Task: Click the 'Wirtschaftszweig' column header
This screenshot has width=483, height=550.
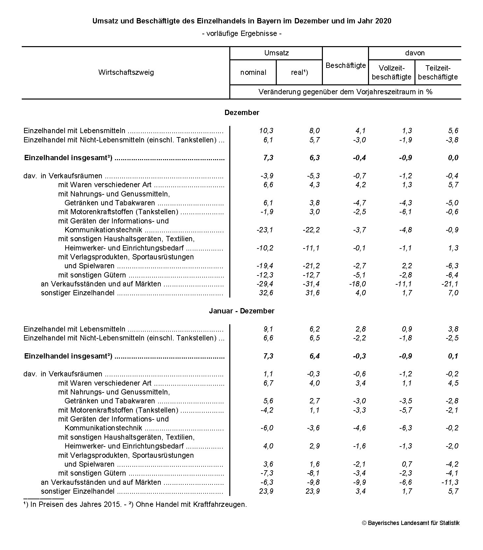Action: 126,72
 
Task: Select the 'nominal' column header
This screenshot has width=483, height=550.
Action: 253,72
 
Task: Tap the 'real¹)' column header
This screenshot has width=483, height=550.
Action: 299,72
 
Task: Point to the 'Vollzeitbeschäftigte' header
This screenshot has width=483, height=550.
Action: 391,72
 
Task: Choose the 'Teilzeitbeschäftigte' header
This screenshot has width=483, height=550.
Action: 438,72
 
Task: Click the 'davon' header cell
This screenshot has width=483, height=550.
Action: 414,53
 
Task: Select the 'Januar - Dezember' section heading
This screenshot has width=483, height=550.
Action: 242,311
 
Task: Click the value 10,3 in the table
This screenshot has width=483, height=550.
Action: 266,131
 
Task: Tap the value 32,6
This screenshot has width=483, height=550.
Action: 266,293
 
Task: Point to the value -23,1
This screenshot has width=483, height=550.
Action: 265,230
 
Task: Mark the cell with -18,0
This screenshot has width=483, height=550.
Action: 357,284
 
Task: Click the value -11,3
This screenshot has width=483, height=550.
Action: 450,482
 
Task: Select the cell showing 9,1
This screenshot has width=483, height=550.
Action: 268,329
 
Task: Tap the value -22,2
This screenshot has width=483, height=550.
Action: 311,230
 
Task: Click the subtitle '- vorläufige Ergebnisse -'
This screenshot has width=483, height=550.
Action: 242,34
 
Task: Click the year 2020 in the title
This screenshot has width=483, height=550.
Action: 383,21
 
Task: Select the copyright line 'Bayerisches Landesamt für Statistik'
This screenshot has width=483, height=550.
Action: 413,523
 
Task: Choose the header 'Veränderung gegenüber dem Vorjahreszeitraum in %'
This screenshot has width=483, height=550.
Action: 345,92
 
